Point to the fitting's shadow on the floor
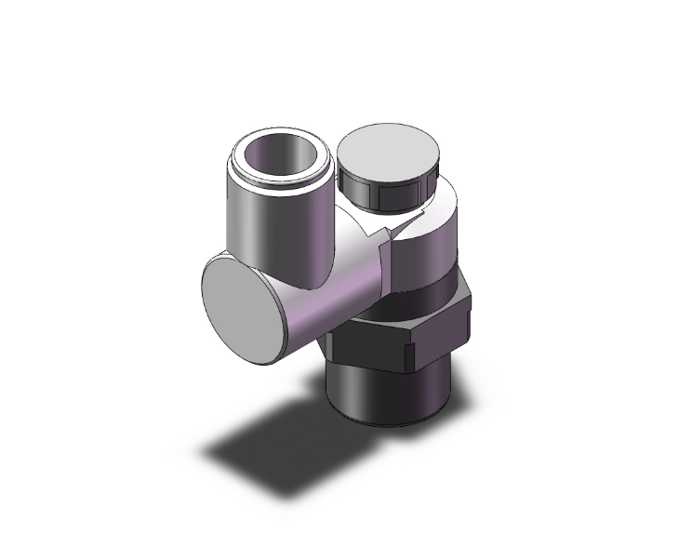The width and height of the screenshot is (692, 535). (279, 437)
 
